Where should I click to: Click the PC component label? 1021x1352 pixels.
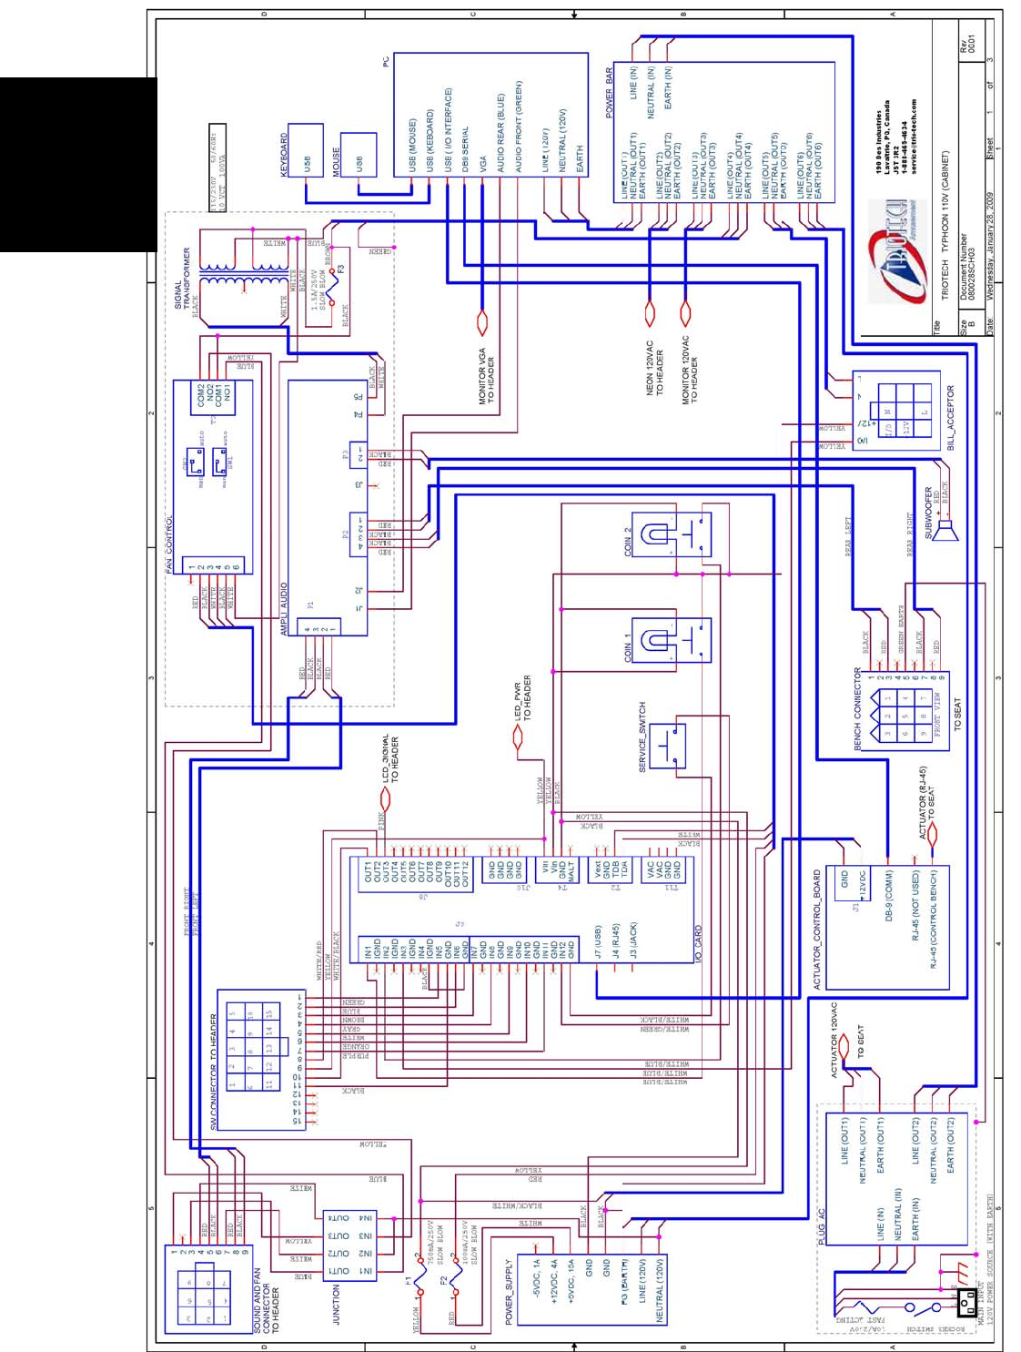pos(386,61)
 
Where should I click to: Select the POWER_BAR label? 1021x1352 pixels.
pos(610,93)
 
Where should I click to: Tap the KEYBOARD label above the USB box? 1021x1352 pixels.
pos(284,155)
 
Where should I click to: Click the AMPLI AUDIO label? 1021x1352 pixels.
pos(284,609)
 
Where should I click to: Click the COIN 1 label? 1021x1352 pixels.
pos(627,647)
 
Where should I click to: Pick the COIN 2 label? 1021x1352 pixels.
pos(627,542)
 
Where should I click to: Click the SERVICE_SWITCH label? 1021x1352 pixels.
pos(642,737)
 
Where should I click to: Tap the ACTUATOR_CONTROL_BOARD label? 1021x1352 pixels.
pos(816,929)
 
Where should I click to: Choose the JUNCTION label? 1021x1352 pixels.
pos(336,1304)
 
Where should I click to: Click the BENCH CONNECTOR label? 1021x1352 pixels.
pos(857,708)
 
